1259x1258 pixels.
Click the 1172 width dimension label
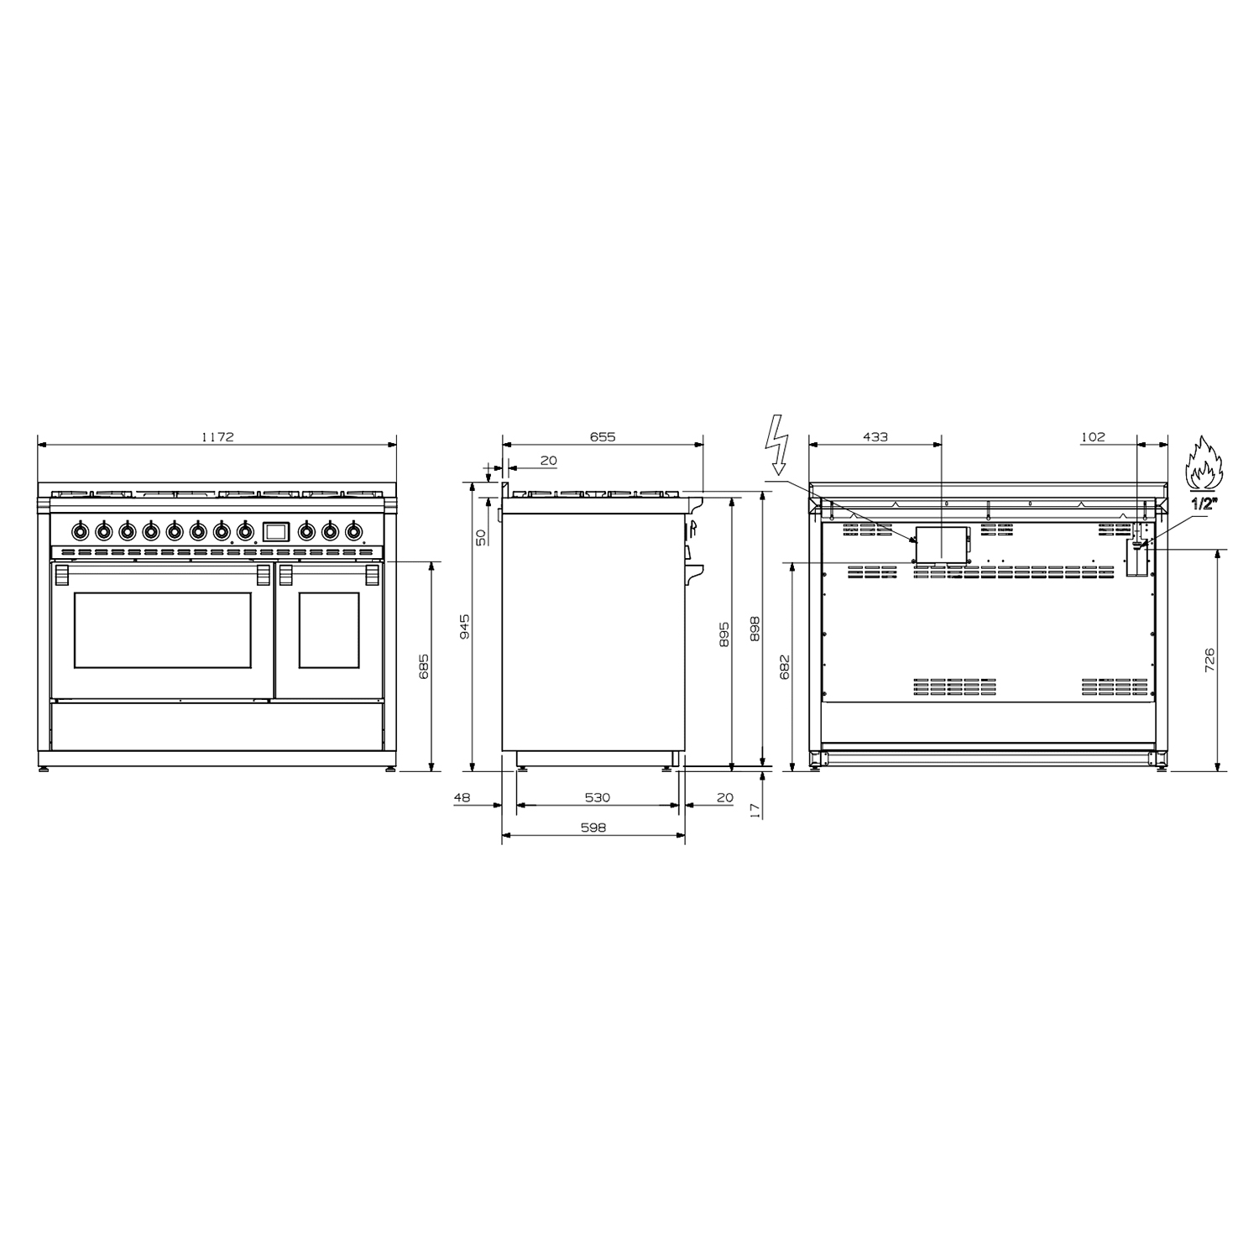pyautogui.click(x=217, y=436)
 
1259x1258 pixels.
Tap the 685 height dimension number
pyautogui.click(x=424, y=666)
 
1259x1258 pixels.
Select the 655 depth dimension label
pyautogui.click(x=603, y=436)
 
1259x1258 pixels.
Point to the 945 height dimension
pyautogui.click(x=465, y=626)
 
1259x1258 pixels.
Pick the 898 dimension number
pyautogui.click(x=754, y=629)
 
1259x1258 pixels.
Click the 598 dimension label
pyautogui.click(x=593, y=827)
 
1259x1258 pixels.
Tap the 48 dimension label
pyautogui.click(x=462, y=797)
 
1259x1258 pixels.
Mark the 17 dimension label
pyautogui.click(x=754, y=809)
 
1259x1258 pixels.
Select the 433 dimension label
pyautogui.click(x=875, y=436)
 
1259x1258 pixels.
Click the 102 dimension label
pyautogui.click(x=1093, y=436)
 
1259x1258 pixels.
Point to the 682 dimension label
pyautogui.click(x=785, y=666)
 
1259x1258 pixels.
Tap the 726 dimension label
pyautogui.click(x=1209, y=660)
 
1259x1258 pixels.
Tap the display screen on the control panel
pyautogui.click(x=275, y=530)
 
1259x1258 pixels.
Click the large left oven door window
pyautogui.click(x=163, y=629)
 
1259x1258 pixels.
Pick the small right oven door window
pyautogui.click(x=329, y=629)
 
